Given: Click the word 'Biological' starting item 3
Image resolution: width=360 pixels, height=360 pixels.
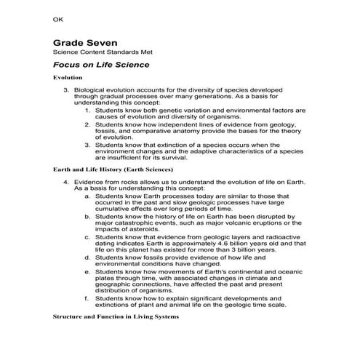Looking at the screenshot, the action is [x=91, y=90].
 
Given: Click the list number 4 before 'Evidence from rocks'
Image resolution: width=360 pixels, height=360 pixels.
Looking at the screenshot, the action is [x=65, y=182].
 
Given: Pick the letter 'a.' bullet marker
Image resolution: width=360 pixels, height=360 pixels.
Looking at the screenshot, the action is [x=88, y=196].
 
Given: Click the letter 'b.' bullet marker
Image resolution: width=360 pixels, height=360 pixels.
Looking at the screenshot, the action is [x=88, y=216].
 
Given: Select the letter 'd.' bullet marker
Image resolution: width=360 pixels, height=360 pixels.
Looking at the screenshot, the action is [x=88, y=257].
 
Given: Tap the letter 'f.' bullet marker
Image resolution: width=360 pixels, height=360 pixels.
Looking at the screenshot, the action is [x=87, y=297].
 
